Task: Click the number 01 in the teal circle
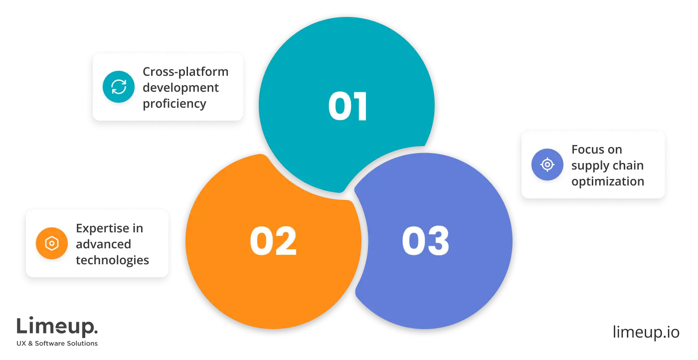(348, 106)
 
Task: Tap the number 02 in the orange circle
(273, 241)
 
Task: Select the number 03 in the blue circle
(425, 241)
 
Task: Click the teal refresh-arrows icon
(118, 87)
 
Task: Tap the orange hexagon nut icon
(51, 243)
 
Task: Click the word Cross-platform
(185, 72)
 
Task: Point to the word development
(180, 88)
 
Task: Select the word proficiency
(174, 104)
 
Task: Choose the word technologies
(112, 260)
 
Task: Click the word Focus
(590, 150)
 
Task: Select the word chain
(629, 166)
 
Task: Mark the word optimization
(608, 181)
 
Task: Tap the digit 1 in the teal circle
(360, 106)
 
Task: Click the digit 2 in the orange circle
(286, 241)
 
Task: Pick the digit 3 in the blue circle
(438, 241)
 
